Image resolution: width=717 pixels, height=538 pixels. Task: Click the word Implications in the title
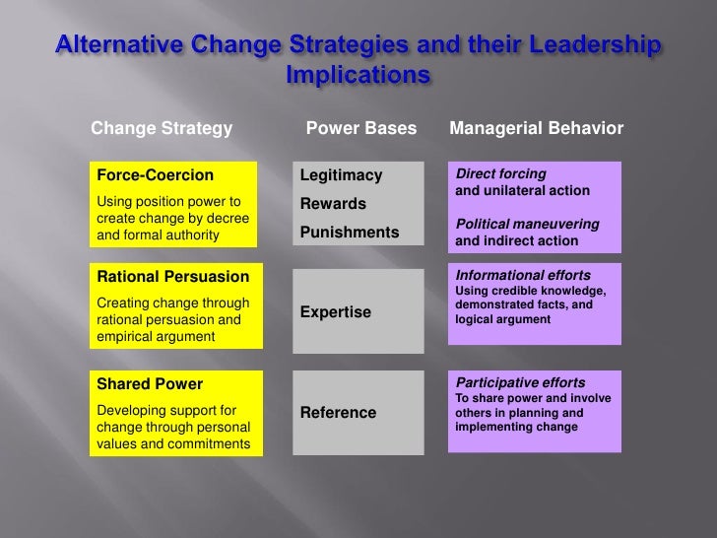coord(358,76)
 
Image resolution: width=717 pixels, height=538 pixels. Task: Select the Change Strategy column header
coord(162,129)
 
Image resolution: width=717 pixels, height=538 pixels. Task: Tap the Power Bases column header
coord(361,129)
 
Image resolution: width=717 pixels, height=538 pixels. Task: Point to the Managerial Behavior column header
coord(536,129)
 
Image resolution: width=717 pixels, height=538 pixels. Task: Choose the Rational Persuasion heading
coord(165,276)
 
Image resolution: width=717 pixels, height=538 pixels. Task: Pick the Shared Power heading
coord(149,383)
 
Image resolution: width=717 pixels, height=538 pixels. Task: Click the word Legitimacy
coord(341,175)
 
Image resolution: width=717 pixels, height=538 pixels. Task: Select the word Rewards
coord(334,204)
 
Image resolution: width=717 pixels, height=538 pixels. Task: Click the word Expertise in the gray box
coord(336,312)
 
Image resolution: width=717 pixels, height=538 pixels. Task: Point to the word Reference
coord(338,412)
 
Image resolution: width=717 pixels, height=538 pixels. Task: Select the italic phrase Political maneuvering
coord(527,224)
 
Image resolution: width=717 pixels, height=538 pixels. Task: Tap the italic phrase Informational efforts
coord(522,275)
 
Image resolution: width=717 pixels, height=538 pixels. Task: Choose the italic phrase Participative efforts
coord(520,382)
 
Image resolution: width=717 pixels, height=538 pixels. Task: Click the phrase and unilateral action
coord(522,190)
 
